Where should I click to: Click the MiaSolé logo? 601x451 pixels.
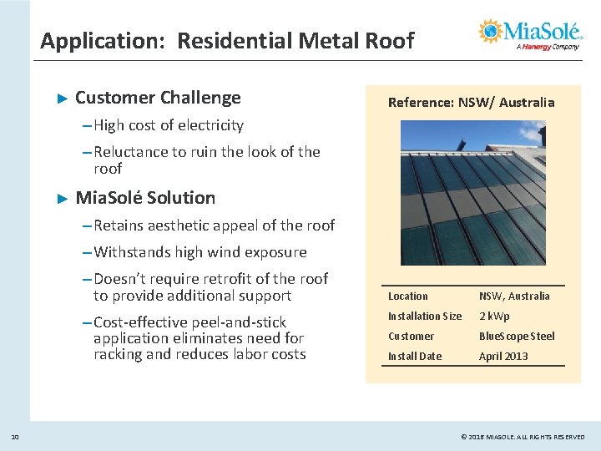click(x=530, y=34)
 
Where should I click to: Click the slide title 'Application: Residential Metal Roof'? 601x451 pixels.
click(x=227, y=40)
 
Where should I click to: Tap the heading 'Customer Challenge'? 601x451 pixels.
click(x=158, y=98)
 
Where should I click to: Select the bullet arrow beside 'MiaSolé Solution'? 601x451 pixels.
click(x=60, y=199)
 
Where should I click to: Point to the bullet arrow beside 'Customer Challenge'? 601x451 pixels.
click(x=60, y=99)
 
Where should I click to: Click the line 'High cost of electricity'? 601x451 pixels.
click(x=169, y=125)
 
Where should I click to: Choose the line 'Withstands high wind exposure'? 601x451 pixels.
click(x=199, y=251)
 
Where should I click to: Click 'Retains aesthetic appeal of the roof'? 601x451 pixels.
click(x=214, y=225)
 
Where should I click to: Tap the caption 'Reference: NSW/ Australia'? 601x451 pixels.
click(x=471, y=102)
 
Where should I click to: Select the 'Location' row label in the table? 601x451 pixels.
click(x=408, y=296)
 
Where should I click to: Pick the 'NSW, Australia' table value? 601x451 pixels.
click(x=514, y=296)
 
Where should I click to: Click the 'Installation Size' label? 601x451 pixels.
click(x=425, y=317)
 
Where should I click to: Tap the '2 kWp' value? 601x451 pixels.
click(x=494, y=317)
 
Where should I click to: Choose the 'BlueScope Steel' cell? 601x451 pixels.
click(x=517, y=337)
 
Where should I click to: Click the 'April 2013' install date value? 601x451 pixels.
click(x=504, y=357)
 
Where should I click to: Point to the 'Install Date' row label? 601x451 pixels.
click(x=415, y=357)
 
